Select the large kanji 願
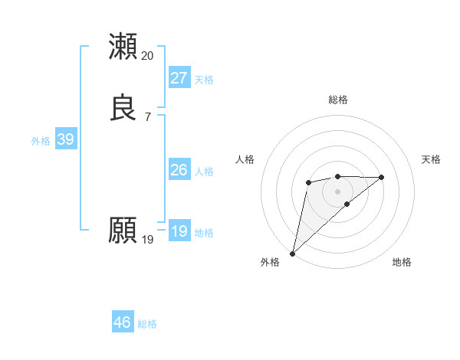(x=123, y=230)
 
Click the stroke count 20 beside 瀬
(x=148, y=56)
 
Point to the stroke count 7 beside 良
(x=148, y=117)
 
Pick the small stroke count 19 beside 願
(x=148, y=240)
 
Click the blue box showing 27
(x=179, y=78)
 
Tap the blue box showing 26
(x=179, y=170)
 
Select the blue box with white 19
(x=179, y=231)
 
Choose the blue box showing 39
(x=65, y=139)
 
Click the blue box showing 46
(x=123, y=322)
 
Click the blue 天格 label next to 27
(x=204, y=80)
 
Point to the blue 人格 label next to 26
(x=204, y=172)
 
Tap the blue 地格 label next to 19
(x=204, y=233)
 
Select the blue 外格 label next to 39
(x=41, y=141)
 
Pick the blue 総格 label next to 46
(x=147, y=324)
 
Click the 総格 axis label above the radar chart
(x=338, y=100)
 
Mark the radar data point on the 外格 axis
(x=292, y=254)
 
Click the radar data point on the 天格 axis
(x=382, y=177)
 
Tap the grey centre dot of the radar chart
(x=337, y=191)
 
